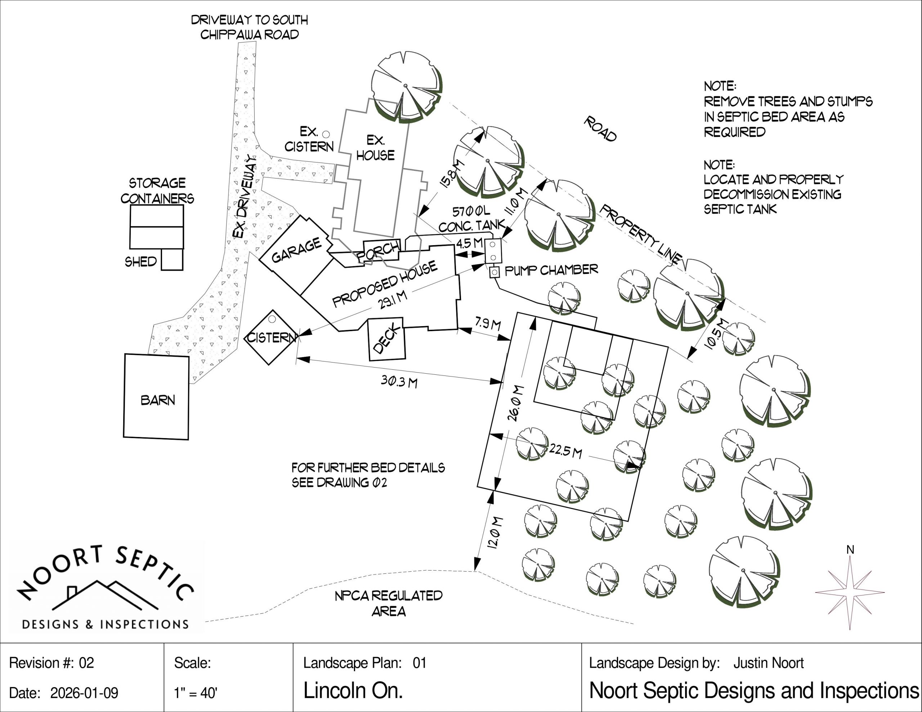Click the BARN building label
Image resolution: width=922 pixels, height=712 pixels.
(158, 400)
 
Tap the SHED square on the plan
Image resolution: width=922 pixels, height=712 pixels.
(172, 259)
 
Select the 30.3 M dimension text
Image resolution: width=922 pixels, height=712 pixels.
(399, 381)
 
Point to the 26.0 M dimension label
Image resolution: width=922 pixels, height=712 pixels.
(515, 403)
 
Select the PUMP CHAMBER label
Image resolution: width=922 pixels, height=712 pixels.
(551, 270)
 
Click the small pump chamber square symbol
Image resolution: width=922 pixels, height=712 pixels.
(494, 272)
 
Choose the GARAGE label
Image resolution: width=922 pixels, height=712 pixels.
(296, 250)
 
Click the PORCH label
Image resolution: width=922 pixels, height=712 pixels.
(378, 251)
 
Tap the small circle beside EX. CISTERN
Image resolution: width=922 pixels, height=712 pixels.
(326, 134)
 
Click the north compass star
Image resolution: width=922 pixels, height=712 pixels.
(850, 592)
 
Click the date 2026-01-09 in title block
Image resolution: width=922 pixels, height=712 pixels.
(84, 693)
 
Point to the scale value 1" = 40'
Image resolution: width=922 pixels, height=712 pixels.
(196, 693)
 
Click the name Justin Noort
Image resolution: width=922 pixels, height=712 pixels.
(768, 663)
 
